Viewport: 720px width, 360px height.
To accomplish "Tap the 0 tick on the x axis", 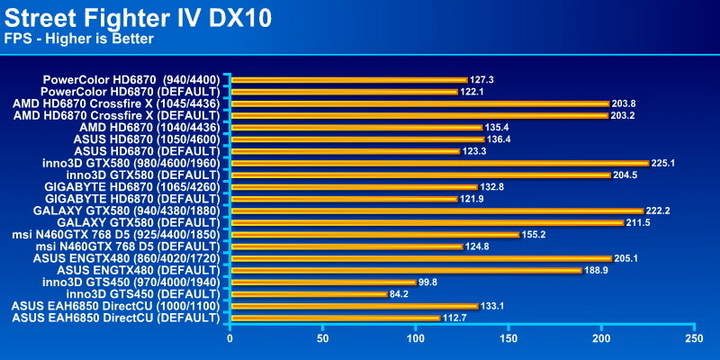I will (x=231, y=338).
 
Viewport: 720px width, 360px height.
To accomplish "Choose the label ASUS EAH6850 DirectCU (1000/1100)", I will (x=115, y=306).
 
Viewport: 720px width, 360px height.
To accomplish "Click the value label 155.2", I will (x=534, y=234).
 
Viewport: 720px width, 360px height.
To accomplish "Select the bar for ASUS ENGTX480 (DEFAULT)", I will (x=406, y=270).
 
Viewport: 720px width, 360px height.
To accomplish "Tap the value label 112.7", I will (x=455, y=318).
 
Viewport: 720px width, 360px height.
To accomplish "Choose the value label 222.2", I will (x=661, y=210).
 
